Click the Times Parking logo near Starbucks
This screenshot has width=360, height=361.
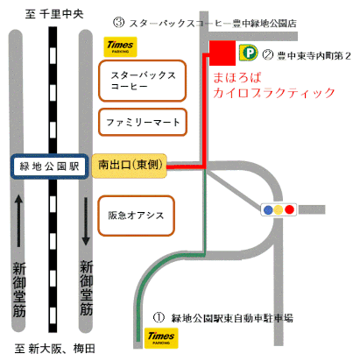coord(120,46)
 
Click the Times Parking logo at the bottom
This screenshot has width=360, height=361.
coord(161,338)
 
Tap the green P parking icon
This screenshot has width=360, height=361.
coord(249,53)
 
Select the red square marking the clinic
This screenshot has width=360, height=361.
coord(222,53)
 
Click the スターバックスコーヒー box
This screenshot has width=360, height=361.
coord(143,81)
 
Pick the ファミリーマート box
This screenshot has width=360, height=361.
coord(143,122)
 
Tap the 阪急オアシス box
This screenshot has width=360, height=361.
coord(136,216)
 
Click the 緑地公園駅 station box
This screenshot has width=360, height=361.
coord(49,166)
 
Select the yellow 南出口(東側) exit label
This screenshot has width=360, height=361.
coord(130,166)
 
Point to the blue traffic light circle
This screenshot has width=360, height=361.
coord(268,209)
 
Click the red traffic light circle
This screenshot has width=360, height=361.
coord(289,209)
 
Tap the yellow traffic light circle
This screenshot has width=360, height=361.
coord(279,209)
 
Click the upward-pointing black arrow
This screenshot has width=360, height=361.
coord(18,221)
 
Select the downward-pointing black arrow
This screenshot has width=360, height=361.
coord(86,222)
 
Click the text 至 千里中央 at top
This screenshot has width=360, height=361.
coord(54,14)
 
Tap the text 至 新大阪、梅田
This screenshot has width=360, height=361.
coord(55,349)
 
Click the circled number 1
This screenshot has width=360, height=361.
coord(159,317)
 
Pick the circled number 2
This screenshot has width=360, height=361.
coord(268,54)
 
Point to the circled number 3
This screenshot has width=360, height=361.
coord(119,23)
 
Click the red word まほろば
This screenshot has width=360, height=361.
coord(237,78)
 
